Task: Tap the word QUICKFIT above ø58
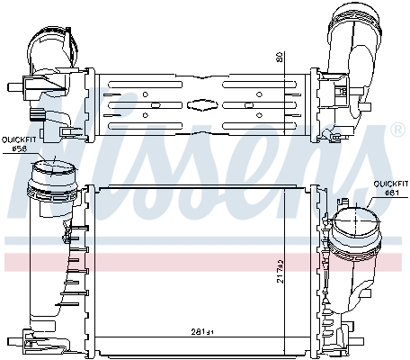19,139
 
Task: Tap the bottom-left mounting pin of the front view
12,340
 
